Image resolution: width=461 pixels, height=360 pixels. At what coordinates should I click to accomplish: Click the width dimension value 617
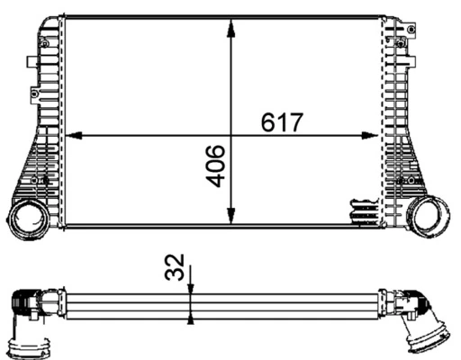(282, 121)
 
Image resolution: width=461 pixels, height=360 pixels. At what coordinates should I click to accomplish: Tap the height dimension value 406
(215, 166)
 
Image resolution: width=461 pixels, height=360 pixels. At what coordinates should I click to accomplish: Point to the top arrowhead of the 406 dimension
(231, 26)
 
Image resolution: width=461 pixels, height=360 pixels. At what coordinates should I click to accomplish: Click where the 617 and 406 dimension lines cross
(231, 136)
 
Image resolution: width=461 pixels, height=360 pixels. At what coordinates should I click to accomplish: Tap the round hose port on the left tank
(30, 219)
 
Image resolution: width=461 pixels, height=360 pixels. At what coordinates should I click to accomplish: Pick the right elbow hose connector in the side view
(414, 306)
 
